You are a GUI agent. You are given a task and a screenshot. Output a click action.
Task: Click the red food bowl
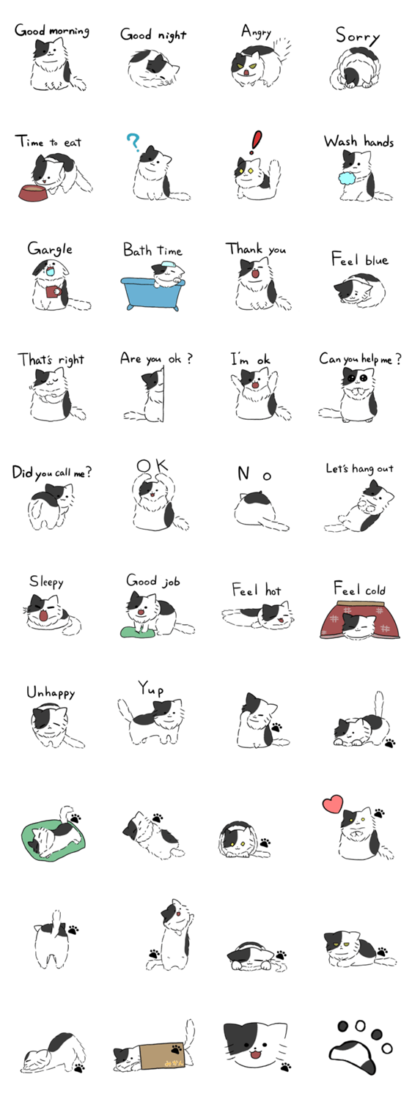[x=34, y=192]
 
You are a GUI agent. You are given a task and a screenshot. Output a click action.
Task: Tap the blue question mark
[x=133, y=143]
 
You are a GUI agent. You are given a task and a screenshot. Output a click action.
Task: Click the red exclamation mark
[x=256, y=142]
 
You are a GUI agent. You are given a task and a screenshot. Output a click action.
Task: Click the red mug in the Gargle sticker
[x=53, y=291]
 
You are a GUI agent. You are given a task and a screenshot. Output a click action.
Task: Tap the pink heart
[x=333, y=804]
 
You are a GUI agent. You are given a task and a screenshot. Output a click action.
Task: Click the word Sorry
[x=358, y=36]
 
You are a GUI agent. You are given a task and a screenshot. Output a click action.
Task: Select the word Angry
[x=256, y=32]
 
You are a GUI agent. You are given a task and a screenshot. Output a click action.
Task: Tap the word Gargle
[x=50, y=248]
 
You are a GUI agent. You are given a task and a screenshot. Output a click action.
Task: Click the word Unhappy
[x=51, y=692]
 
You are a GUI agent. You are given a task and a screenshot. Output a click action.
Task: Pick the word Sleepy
[x=46, y=582]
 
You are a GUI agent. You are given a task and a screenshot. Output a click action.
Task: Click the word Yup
[x=151, y=688]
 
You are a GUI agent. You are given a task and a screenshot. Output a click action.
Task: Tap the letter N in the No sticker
[x=243, y=473]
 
